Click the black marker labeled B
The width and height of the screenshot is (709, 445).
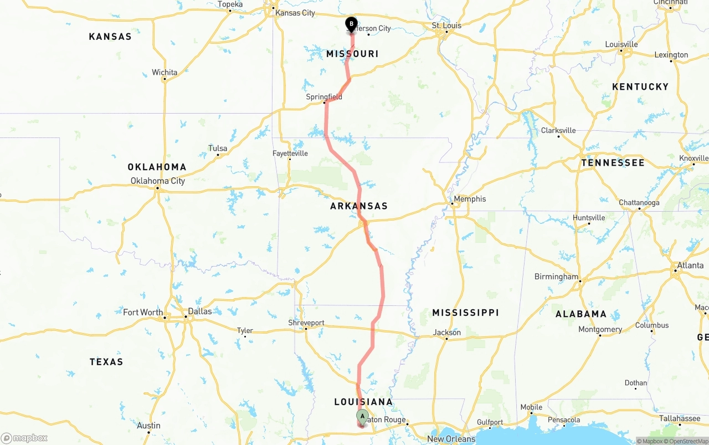[x=351, y=24]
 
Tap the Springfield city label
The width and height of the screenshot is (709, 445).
[x=324, y=97]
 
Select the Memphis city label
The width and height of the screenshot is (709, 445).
[x=470, y=199]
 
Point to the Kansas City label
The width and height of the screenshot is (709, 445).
[x=295, y=13]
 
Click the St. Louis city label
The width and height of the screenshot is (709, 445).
[x=446, y=25]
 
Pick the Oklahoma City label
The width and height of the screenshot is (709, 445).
[x=158, y=181]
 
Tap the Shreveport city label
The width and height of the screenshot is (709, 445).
[x=306, y=323]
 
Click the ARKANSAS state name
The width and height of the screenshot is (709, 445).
[x=359, y=206]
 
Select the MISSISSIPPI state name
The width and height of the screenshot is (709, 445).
[x=465, y=313]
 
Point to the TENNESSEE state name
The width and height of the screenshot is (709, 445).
[x=613, y=163]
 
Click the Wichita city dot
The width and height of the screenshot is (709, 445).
[x=165, y=79]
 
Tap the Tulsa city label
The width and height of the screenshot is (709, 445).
[x=218, y=148]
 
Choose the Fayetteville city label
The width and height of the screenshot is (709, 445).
[x=290, y=154]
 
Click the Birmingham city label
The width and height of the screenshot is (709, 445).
[x=556, y=277]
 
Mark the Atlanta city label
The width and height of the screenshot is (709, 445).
[x=690, y=265]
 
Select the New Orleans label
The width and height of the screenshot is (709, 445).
[x=451, y=439]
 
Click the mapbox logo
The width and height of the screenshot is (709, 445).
[x=24, y=438]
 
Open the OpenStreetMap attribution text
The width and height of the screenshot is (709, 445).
[x=688, y=442]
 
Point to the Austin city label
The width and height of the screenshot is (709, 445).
[x=148, y=426]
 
